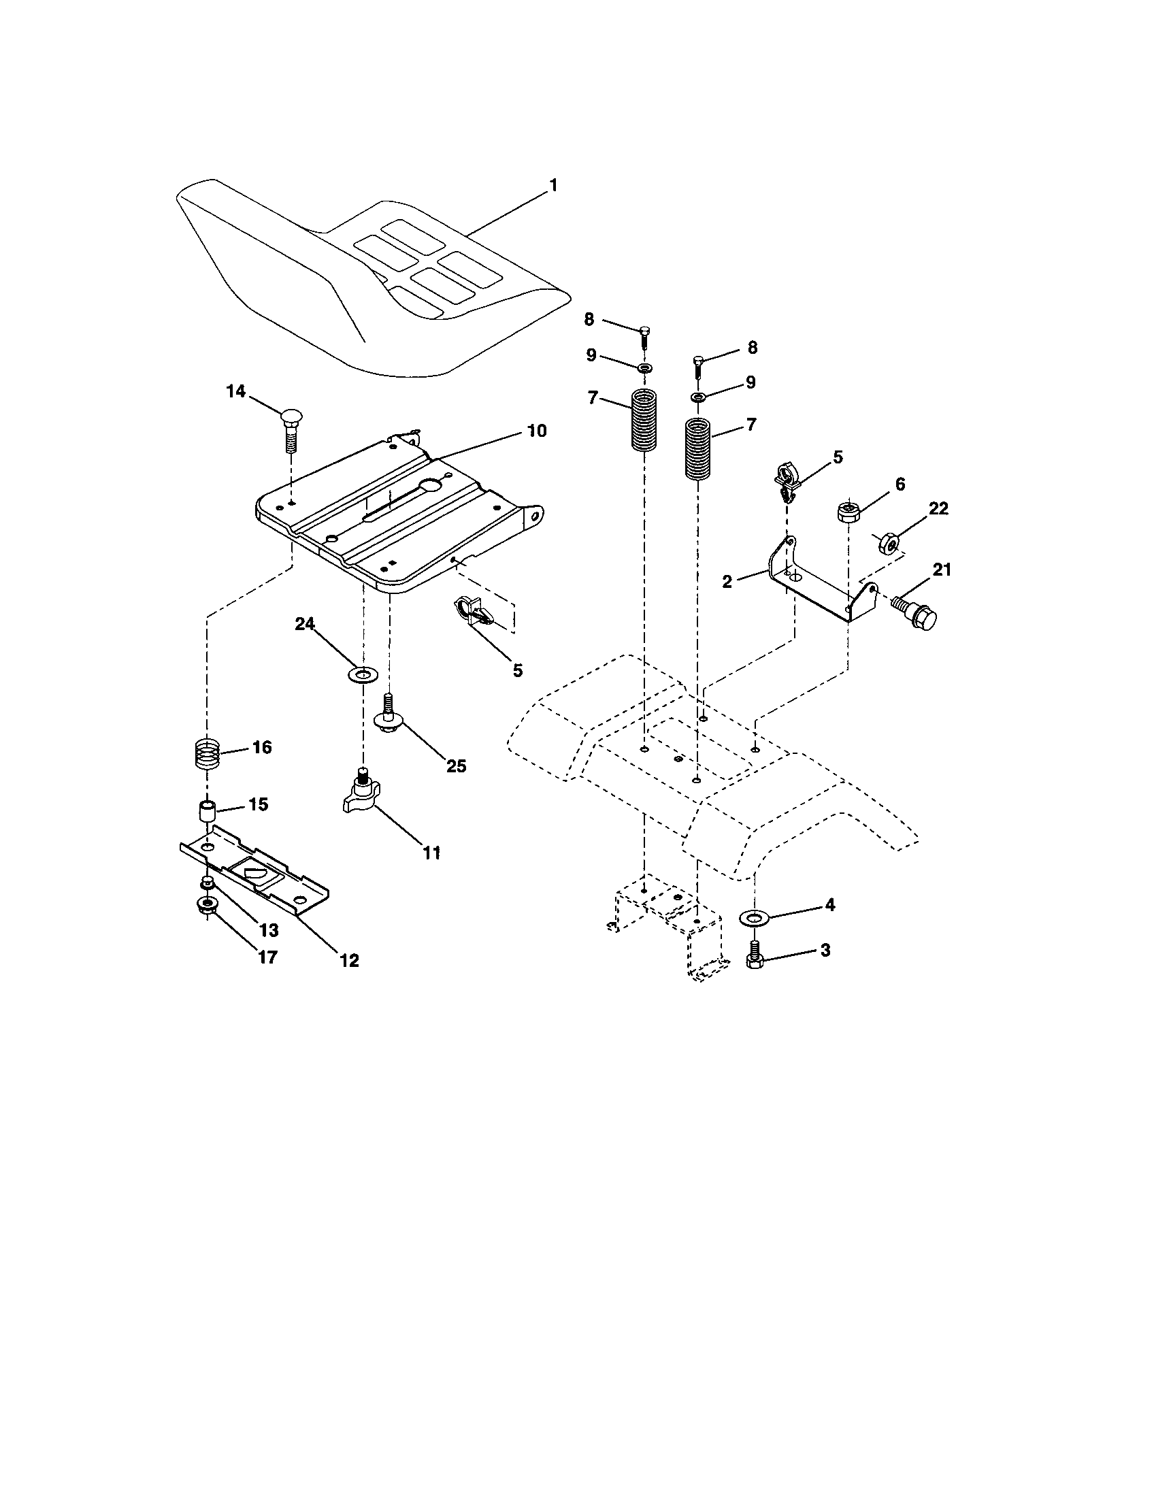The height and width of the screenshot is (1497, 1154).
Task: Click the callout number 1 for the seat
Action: tap(553, 185)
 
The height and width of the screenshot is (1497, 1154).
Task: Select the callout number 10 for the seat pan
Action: tap(537, 431)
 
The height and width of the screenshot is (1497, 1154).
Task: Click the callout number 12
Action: tap(349, 960)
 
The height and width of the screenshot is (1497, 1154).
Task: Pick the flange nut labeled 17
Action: tap(207, 905)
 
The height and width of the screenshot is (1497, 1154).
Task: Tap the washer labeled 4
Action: tap(754, 917)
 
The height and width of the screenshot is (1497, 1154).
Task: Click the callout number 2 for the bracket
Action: tap(727, 582)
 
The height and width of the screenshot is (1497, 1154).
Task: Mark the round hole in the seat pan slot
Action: tap(431, 486)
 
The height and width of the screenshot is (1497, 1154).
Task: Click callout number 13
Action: tap(268, 930)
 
